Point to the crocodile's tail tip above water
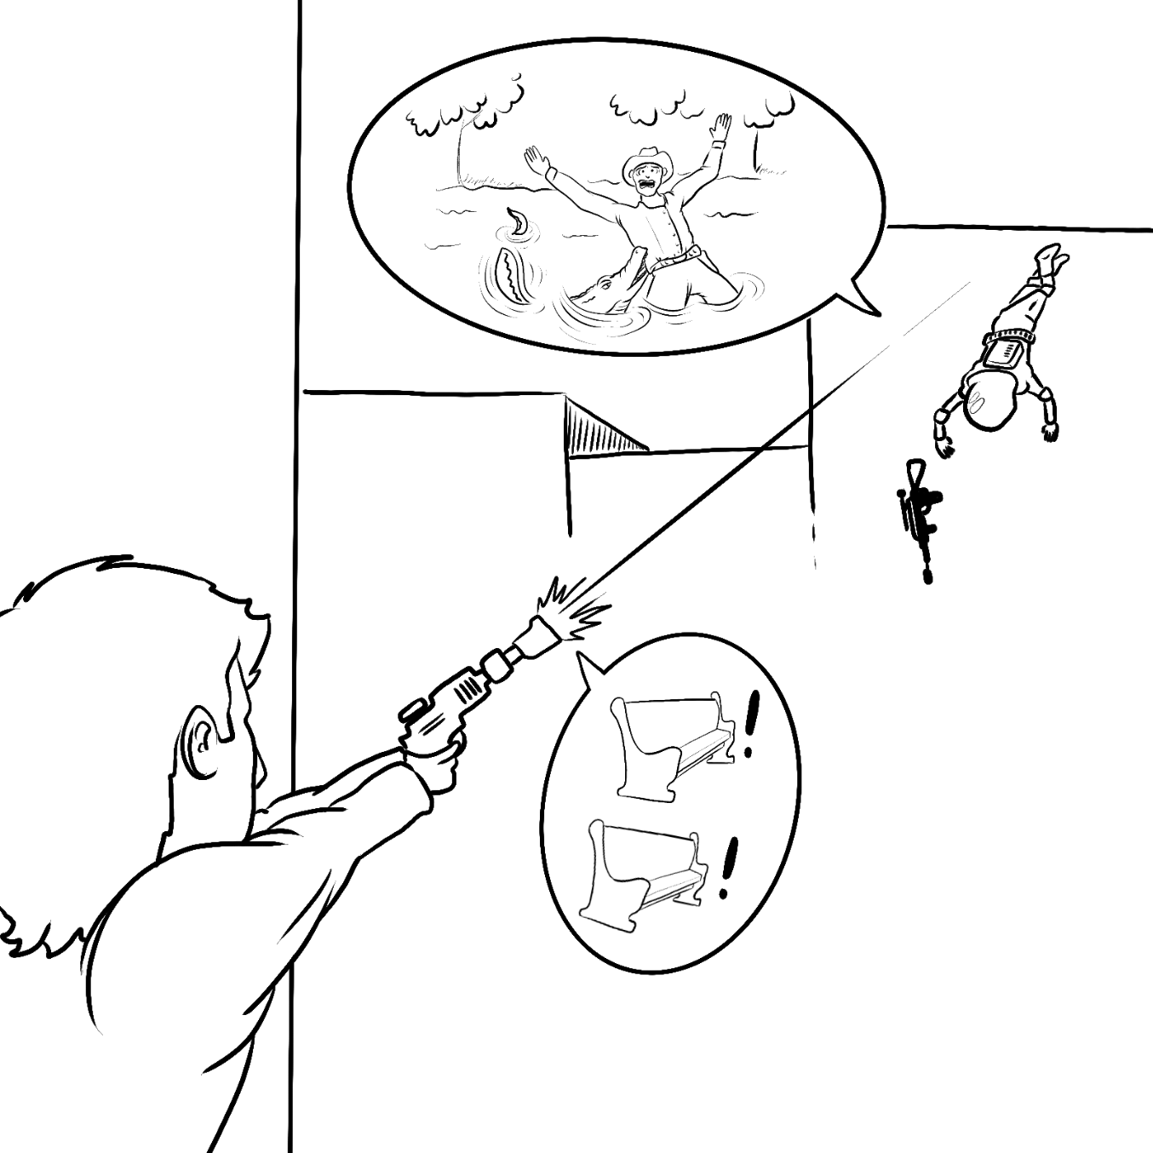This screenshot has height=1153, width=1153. [x=517, y=219]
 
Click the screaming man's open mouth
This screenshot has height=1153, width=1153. [x=645, y=181]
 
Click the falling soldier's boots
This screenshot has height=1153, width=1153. [x=1049, y=257]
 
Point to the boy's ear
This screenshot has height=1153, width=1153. [x=201, y=743]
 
